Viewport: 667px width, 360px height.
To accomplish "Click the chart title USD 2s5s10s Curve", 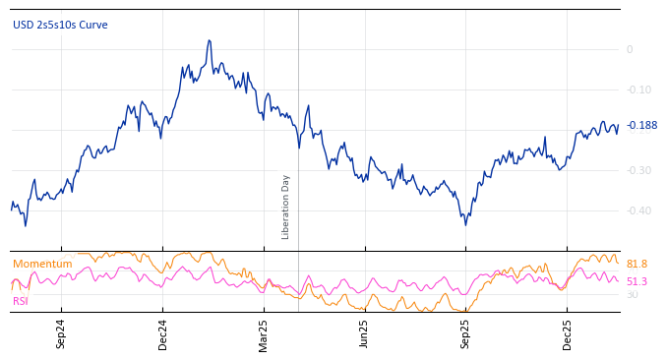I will [60, 25].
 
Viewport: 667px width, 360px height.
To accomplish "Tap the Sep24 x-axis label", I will [61, 334].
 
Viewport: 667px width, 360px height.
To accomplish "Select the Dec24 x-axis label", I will [162, 334].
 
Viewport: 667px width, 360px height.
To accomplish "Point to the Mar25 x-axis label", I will [263, 334].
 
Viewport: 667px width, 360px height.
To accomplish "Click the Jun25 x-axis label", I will [364, 334].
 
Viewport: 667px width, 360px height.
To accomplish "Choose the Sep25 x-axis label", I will [465, 334].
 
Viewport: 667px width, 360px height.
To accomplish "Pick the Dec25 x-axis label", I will [567, 334].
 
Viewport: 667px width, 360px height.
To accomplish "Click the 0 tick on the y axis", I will [630, 49].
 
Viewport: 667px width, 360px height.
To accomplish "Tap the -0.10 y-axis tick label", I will [637, 90].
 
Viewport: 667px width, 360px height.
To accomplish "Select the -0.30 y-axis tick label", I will [637, 170].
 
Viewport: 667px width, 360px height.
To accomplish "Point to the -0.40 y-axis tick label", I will [637, 210].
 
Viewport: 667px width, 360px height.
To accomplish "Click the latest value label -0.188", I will [641, 125].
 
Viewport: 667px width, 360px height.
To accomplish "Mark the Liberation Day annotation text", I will [286, 207].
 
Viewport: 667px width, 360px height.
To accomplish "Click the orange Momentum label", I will [42, 264].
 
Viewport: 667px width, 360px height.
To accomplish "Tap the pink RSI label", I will [20, 301].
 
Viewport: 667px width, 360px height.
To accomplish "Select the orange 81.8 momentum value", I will [637, 264].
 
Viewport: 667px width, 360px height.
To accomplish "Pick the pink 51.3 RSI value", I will [637, 281].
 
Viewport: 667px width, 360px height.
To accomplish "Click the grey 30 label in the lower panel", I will [632, 294].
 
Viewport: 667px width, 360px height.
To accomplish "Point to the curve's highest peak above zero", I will [210, 41].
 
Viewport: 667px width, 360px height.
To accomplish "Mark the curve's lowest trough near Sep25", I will [465, 224].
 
